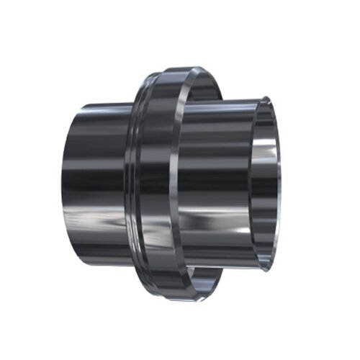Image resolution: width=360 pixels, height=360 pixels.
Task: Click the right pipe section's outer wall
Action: [x=216, y=180]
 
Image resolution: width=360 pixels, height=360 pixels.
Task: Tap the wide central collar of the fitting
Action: [x=155, y=180]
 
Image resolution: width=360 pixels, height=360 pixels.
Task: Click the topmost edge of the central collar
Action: [x=176, y=69]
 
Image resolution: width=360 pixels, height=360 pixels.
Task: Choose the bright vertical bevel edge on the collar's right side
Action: [x=175, y=180]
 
